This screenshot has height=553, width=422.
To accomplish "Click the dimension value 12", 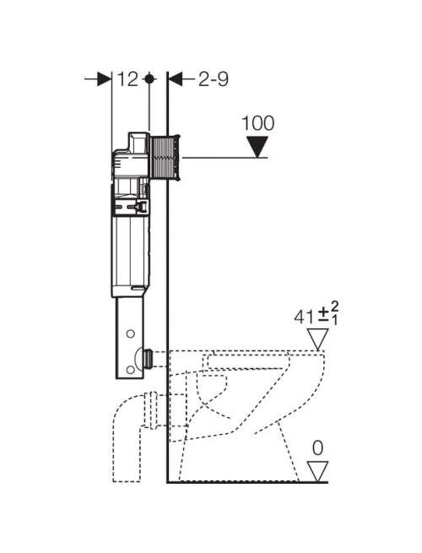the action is click(x=127, y=79).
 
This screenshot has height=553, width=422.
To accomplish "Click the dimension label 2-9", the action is click(x=214, y=79).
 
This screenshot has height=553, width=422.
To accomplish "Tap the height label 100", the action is click(x=258, y=123).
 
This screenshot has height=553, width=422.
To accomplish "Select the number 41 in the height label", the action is click(x=304, y=317).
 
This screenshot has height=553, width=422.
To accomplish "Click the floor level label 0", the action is click(x=317, y=448).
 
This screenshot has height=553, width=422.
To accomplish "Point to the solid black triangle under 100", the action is click(x=257, y=147).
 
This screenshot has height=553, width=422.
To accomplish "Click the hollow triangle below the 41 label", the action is click(x=317, y=339).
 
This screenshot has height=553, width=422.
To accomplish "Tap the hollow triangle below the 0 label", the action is click(x=317, y=471).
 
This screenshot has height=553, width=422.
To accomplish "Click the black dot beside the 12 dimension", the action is click(x=149, y=79).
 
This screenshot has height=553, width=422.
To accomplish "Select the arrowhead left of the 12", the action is click(x=104, y=79).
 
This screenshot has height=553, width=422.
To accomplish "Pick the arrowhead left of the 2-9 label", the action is click(x=176, y=79).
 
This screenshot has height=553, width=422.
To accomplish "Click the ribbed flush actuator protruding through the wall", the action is click(x=165, y=158).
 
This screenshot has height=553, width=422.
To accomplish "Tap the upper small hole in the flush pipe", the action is click(x=131, y=333).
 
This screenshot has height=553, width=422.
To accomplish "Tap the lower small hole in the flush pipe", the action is click(x=131, y=370).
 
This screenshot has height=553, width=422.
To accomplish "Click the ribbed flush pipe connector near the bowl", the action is click(x=149, y=359).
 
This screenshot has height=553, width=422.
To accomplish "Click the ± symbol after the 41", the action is click(x=323, y=316).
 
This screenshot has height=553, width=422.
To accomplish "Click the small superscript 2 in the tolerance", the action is click(x=334, y=306).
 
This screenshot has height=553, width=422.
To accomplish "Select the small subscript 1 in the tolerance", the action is click(x=335, y=320).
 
